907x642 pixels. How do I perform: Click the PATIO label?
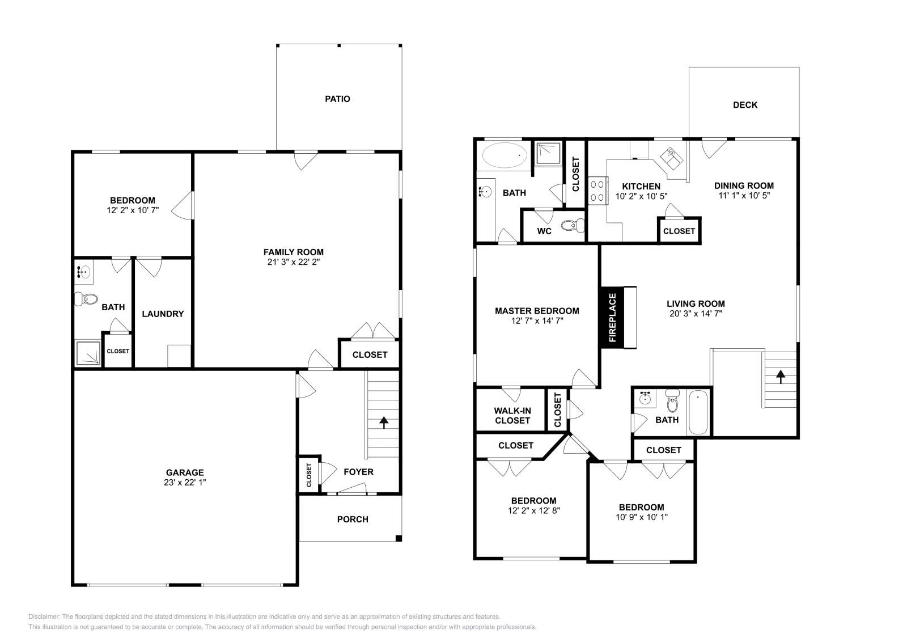click(337, 99)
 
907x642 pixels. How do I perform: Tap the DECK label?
click(745, 105)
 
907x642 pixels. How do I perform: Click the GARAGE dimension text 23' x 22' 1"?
click(185, 483)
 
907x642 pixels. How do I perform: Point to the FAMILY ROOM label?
click(294, 252)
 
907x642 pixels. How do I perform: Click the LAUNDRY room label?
click(163, 314)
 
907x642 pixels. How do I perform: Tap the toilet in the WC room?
click(574, 225)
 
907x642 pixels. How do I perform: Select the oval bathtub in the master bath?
click(505, 155)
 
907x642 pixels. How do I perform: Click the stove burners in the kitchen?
click(597, 191)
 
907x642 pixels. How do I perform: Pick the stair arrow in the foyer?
click(383, 423)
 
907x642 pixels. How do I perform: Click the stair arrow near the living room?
click(781, 377)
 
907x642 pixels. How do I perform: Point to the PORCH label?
click(353, 519)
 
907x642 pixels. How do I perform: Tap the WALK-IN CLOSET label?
click(512, 416)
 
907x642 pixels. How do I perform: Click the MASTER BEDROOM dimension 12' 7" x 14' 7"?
click(537, 321)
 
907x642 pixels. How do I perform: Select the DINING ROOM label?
click(744, 185)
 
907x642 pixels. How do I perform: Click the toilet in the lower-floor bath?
click(86, 300)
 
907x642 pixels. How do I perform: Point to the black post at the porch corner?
click(399, 538)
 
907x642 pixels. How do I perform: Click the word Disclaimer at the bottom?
click(44, 616)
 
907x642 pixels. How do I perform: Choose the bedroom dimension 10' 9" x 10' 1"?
click(641, 517)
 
